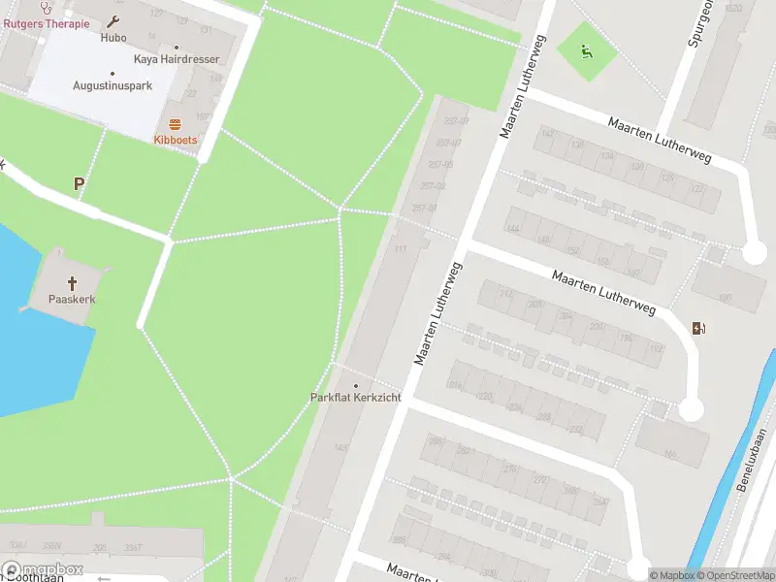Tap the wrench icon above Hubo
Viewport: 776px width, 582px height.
113,22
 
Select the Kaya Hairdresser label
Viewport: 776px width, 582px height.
177,59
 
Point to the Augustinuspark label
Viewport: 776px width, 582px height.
113,85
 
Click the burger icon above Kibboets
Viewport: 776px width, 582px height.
175,123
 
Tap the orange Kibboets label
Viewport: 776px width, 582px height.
175,140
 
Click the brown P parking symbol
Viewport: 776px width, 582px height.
79,182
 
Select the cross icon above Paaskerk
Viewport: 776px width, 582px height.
72,283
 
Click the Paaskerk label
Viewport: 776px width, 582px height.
72,300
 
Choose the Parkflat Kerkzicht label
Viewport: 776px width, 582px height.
355,398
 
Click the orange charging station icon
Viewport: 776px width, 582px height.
699,328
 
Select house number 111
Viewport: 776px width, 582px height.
399,250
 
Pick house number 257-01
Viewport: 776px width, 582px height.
425,208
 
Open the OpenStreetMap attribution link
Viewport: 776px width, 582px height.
734,575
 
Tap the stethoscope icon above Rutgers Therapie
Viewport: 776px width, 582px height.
46,7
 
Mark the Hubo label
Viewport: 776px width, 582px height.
113,38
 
